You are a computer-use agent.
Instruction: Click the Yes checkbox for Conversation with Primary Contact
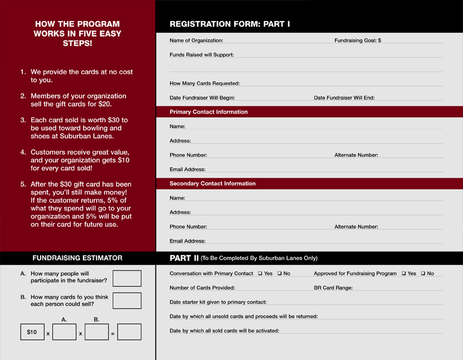click(260, 274)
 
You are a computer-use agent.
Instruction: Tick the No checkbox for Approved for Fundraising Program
click(423, 274)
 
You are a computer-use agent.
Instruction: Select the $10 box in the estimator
click(32, 332)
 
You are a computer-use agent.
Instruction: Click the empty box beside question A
click(127, 278)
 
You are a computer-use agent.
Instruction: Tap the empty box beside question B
click(127, 301)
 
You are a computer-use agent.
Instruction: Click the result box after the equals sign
click(129, 332)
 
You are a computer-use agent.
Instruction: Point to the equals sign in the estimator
click(113, 333)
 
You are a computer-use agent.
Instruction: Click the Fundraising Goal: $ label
click(357, 41)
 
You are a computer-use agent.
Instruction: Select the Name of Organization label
click(196, 41)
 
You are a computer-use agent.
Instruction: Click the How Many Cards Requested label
click(205, 83)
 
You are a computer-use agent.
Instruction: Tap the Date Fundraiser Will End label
click(344, 98)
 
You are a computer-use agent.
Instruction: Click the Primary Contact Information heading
click(209, 112)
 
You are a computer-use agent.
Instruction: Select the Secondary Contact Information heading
click(213, 183)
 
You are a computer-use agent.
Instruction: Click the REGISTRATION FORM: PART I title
click(230, 24)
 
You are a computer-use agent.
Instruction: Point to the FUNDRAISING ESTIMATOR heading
click(77, 258)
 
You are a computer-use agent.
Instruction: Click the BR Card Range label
click(333, 288)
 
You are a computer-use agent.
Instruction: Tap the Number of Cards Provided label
click(202, 288)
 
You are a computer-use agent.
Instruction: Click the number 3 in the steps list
click(23, 120)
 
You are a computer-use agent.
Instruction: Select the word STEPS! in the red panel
click(77, 43)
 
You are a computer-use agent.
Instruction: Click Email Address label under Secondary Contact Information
click(187, 241)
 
